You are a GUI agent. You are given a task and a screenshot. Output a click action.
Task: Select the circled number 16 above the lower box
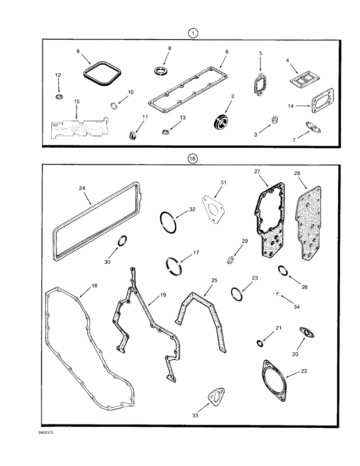[x=192, y=158]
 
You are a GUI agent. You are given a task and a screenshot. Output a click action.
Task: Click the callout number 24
[x=81, y=189]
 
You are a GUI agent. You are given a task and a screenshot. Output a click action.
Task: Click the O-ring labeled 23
[x=237, y=294]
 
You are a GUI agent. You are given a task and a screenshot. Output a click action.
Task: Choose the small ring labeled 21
[x=259, y=343]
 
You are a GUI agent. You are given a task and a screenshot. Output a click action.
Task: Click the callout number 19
[x=163, y=295]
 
